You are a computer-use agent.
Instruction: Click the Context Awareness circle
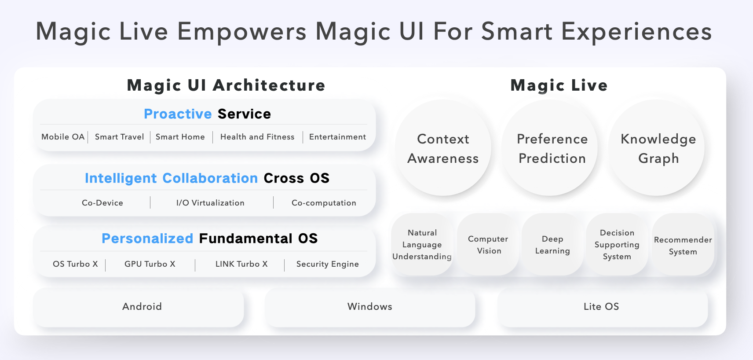coord(443,148)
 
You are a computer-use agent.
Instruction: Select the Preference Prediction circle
coord(550,148)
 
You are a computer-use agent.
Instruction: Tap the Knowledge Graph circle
coord(657,148)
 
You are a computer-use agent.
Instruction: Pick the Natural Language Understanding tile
coord(422,245)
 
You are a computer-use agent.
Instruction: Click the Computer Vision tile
coord(488,245)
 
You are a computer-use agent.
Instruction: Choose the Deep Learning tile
coord(552,245)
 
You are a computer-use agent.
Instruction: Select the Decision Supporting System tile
coord(617,245)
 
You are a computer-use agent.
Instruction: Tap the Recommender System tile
coord(683,245)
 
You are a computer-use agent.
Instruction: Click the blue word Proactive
coord(178,114)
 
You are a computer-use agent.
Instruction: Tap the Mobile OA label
coord(63,137)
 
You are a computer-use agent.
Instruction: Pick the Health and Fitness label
coord(257,137)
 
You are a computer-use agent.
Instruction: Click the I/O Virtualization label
coord(210,203)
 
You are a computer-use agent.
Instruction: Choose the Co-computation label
coord(324,203)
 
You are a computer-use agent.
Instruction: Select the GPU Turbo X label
coord(150,264)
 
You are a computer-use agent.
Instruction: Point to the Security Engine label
coord(327,264)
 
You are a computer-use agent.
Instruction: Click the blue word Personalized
coord(147,239)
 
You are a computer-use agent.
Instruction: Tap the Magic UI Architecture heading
coord(226,85)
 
